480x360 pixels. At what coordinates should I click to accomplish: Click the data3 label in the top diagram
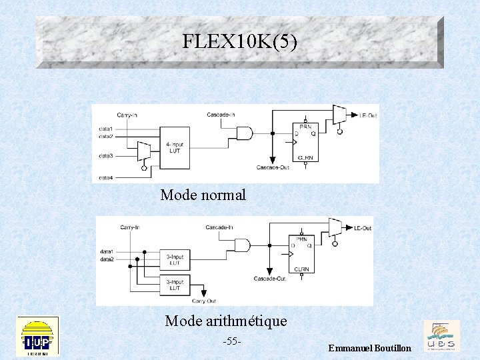(x=106, y=156)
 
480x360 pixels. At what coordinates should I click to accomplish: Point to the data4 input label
(x=106, y=177)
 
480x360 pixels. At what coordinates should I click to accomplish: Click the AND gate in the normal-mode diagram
(x=245, y=133)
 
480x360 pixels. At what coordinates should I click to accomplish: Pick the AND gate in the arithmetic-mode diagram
(x=243, y=245)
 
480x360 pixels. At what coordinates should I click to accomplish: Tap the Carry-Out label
(x=205, y=301)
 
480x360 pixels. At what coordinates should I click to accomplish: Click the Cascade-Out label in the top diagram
(x=272, y=167)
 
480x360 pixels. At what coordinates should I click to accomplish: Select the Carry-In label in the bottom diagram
(x=129, y=227)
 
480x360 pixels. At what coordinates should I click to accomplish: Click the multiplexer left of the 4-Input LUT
(x=143, y=151)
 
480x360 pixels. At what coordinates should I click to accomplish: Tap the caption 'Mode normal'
(x=203, y=195)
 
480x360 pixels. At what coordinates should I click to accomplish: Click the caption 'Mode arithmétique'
(x=226, y=321)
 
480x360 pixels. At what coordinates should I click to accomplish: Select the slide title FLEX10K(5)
(x=240, y=42)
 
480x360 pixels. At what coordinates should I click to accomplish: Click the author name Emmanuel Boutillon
(x=370, y=349)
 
